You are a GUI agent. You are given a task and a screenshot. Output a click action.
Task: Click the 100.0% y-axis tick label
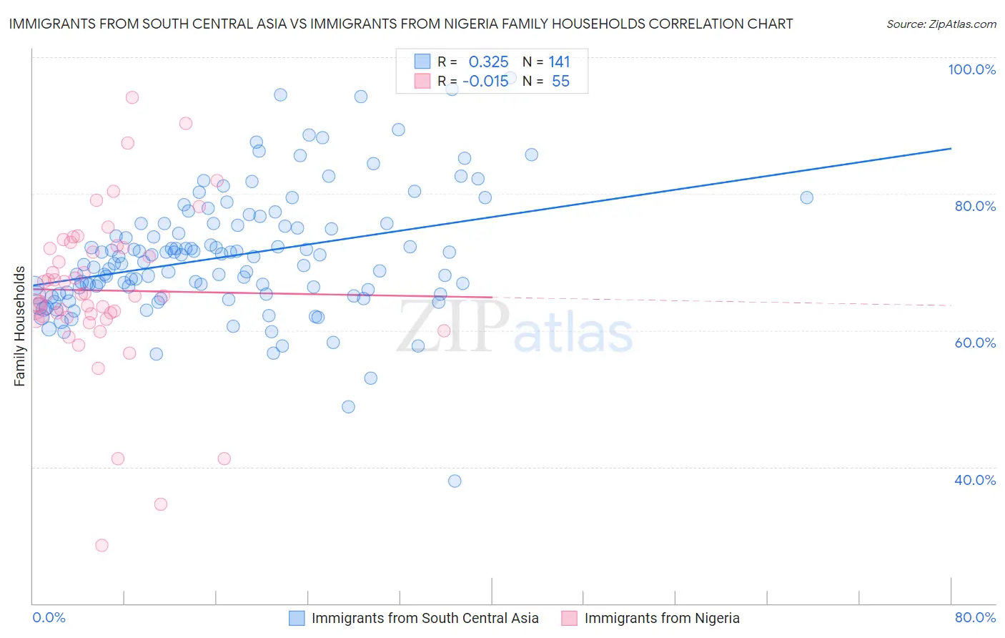(x=971, y=69)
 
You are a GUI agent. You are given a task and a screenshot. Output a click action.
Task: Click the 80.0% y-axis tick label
(x=975, y=206)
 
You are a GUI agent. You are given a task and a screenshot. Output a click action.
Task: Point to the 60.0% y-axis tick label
(x=975, y=343)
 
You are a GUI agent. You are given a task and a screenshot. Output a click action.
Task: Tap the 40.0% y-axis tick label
(x=975, y=480)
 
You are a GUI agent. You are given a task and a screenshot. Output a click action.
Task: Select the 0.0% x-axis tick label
(x=49, y=617)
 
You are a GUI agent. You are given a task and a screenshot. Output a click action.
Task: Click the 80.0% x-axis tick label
(x=975, y=617)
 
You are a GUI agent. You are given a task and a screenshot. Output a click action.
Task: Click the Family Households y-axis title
(x=19, y=326)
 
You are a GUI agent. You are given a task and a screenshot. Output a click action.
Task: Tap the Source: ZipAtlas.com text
(x=941, y=24)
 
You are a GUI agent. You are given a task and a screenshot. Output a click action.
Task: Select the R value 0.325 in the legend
(x=488, y=62)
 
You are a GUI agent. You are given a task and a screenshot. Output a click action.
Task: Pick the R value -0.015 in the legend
(x=485, y=81)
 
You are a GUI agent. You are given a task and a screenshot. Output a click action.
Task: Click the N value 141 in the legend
(x=559, y=62)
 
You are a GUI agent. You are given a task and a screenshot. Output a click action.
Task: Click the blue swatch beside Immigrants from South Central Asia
(x=297, y=618)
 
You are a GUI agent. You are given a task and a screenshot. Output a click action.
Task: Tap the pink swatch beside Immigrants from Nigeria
(x=569, y=618)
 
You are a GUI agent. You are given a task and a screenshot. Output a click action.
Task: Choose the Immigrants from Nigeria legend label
(x=662, y=618)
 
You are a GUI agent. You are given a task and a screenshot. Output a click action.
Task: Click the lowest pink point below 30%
(x=102, y=545)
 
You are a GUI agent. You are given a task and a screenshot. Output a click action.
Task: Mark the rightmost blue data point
(x=806, y=197)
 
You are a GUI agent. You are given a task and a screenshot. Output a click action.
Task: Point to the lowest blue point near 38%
(x=455, y=481)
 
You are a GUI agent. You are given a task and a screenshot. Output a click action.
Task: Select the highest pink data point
(x=132, y=97)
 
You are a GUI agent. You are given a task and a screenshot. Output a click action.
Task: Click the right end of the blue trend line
(x=951, y=148)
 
